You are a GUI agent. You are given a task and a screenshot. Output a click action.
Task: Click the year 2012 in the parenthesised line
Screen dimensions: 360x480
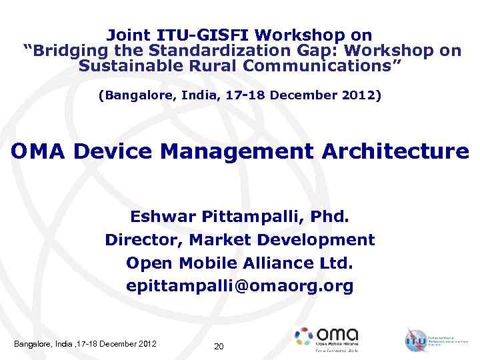pyautogui.click(x=361, y=95)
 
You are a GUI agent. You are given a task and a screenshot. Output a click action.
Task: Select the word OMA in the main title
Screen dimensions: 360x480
pyautogui.click(x=39, y=151)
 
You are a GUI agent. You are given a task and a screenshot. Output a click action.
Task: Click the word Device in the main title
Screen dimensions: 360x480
pyautogui.click(x=113, y=151)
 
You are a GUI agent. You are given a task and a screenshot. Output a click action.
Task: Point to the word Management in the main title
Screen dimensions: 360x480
pyautogui.click(x=237, y=151)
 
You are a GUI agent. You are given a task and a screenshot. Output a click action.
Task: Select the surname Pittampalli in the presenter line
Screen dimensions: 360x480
pyautogui.click(x=253, y=217)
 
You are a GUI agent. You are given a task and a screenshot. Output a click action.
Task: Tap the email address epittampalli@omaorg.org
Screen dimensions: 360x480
pyautogui.click(x=240, y=286)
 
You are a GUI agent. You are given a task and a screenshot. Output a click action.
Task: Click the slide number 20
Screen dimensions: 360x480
pyautogui.click(x=219, y=346)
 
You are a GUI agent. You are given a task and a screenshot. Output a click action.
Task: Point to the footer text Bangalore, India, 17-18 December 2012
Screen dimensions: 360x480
pyautogui.click(x=85, y=344)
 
